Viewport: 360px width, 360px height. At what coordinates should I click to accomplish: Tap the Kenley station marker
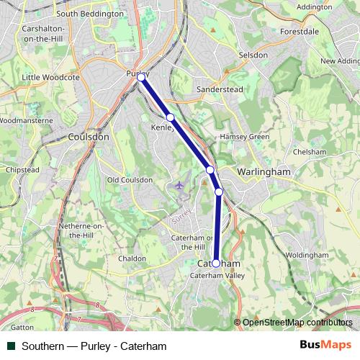click(x=170, y=117)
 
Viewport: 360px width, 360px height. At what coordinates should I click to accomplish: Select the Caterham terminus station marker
click(x=216, y=264)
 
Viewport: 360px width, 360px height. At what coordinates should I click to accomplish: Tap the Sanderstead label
click(x=220, y=89)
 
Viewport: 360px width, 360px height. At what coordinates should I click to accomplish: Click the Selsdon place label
click(x=253, y=55)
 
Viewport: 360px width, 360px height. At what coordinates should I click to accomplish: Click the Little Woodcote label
click(x=50, y=77)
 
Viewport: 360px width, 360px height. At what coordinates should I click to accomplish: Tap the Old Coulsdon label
click(x=130, y=180)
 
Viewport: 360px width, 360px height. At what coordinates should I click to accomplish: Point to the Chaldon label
click(x=132, y=258)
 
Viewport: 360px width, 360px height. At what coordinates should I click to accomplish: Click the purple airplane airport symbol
click(x=179, y=186)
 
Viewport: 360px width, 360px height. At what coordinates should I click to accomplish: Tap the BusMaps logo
click(x=325, y=346)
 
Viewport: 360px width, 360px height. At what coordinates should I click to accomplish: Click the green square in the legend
click(x=11, y=346)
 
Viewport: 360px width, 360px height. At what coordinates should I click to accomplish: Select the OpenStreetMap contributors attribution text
click(x=297, y=323)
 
